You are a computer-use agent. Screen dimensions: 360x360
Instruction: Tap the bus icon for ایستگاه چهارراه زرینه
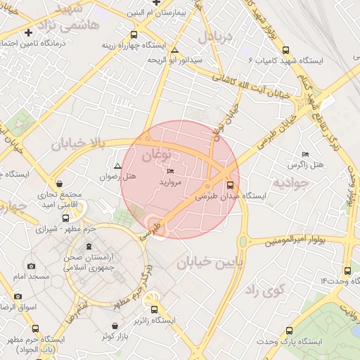[134, 34]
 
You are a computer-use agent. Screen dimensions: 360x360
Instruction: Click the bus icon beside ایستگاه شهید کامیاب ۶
[285, 50]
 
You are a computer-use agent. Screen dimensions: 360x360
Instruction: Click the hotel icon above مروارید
[170, 172]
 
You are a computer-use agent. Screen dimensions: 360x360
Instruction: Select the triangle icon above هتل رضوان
[117, 167]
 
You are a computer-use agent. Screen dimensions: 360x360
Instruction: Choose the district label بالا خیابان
[77, 146]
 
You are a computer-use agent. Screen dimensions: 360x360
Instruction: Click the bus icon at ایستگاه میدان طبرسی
[207, 186]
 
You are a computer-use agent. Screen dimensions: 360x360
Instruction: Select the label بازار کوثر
[117, 337]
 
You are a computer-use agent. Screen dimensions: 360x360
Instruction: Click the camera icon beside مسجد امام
[31, 266]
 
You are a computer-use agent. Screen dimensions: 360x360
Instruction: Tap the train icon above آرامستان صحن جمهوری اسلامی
[88, 247]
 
